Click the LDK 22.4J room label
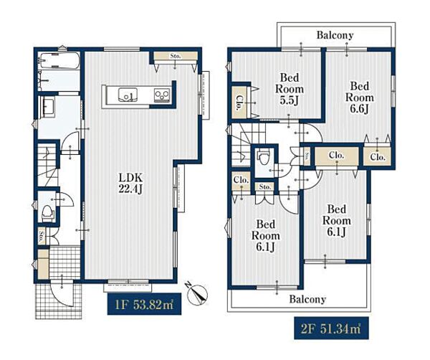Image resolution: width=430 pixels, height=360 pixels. coord(130,184)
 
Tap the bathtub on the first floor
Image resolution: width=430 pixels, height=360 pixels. coord(59,61)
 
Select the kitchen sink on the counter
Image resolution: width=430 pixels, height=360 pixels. coord(128,95)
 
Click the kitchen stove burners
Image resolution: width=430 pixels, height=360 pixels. coord(162,95)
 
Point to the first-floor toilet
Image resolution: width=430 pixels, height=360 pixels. coord(47,214)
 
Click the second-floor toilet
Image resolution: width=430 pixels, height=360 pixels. coord(264,157)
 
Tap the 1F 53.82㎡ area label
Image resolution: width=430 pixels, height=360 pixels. coord(144,304)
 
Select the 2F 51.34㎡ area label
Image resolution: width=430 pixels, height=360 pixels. coord(331,328)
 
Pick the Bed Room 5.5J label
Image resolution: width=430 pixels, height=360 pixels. coord(290,89)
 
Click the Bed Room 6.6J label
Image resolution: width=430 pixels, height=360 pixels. coord(360,98)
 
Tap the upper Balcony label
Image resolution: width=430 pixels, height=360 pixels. coord(335,35)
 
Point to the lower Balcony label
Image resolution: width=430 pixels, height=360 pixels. coord(307,299)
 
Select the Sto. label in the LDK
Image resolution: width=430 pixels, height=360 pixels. coord(176,56)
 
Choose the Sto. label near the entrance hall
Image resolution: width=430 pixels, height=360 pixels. coord(42,236)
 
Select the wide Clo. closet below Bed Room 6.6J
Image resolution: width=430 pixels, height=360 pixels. coord(337,156)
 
